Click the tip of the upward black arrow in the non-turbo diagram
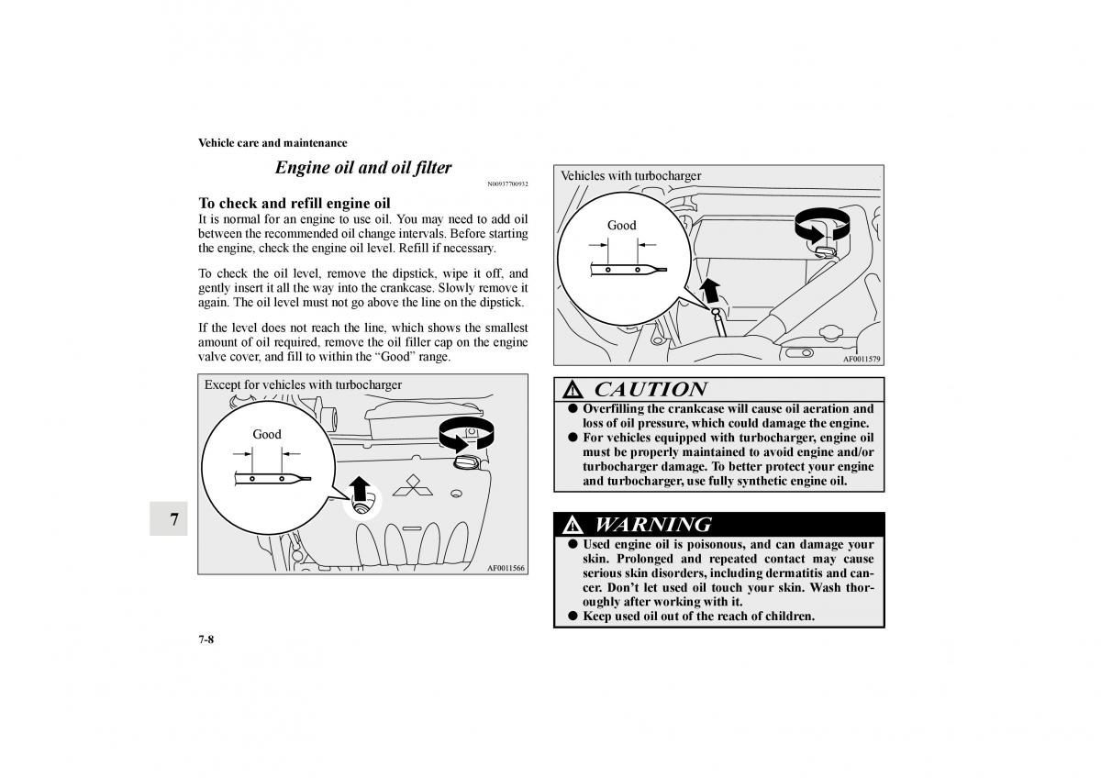tap(360, 476)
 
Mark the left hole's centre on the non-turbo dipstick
tap(252, 479)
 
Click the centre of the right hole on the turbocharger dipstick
tap(638, 270)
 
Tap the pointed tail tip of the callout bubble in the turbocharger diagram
tap(712, 311)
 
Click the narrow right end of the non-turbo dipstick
tap(310, 479)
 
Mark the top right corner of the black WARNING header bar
tap(884, 512)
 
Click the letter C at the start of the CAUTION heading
tap(603, 389)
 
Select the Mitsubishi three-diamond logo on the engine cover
tap(412, 485)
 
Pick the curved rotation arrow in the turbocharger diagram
tap(822, 225)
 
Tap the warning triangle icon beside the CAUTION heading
tap(573, 390)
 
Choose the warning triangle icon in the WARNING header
tap(573, 526)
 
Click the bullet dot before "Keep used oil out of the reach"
tap(573, 616)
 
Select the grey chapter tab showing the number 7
tap(169, 518)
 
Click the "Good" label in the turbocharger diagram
tap(622, 225)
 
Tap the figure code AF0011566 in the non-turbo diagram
tap(506, 568)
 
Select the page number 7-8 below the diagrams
tap(206, 639)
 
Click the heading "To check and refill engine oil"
tap(295, 203)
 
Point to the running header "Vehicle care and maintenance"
tap(272, 143)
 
